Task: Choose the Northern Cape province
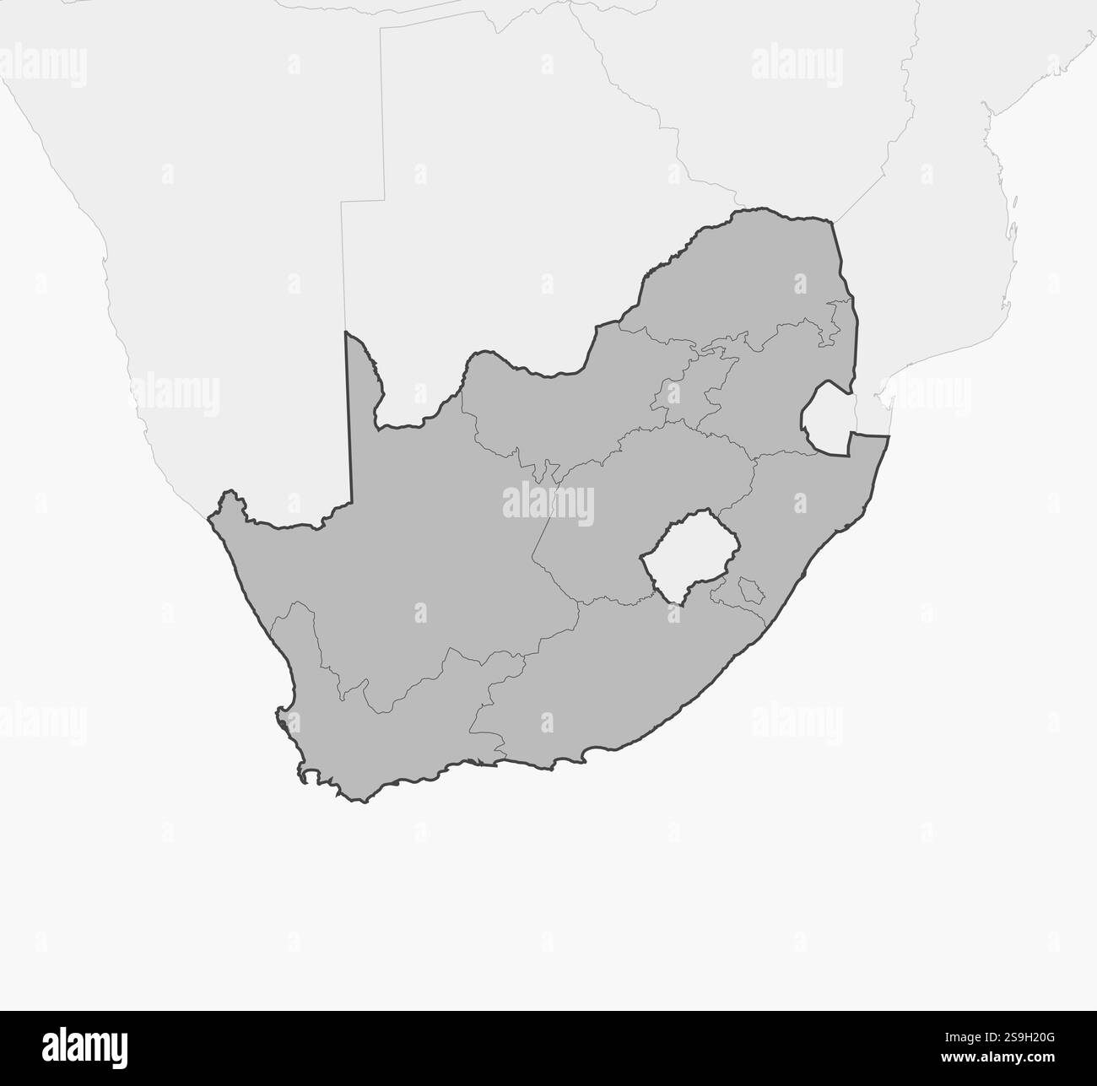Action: [405, 548]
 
